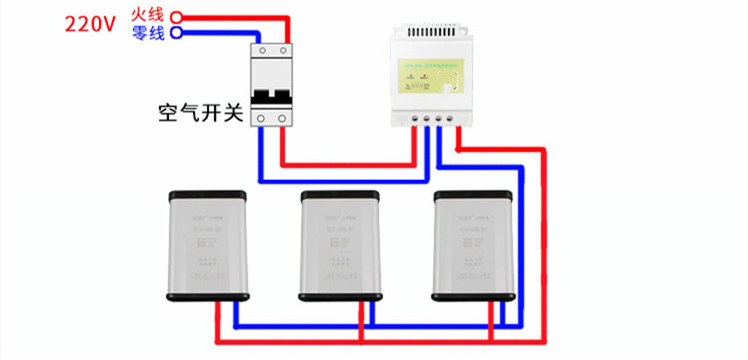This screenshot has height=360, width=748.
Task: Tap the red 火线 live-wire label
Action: pos(147,15)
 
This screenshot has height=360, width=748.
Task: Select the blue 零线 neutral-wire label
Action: pos(147,32)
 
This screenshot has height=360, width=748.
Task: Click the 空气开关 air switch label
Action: pos(199,111)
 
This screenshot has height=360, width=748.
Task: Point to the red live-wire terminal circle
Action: pos(176,16)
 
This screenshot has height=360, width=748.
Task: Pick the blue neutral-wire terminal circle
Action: pos(176,32)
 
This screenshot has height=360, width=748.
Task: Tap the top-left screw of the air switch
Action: pos(263,49)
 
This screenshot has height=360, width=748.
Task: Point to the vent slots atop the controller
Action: pos(431,33)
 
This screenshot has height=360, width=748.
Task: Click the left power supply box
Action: pos(207,244)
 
